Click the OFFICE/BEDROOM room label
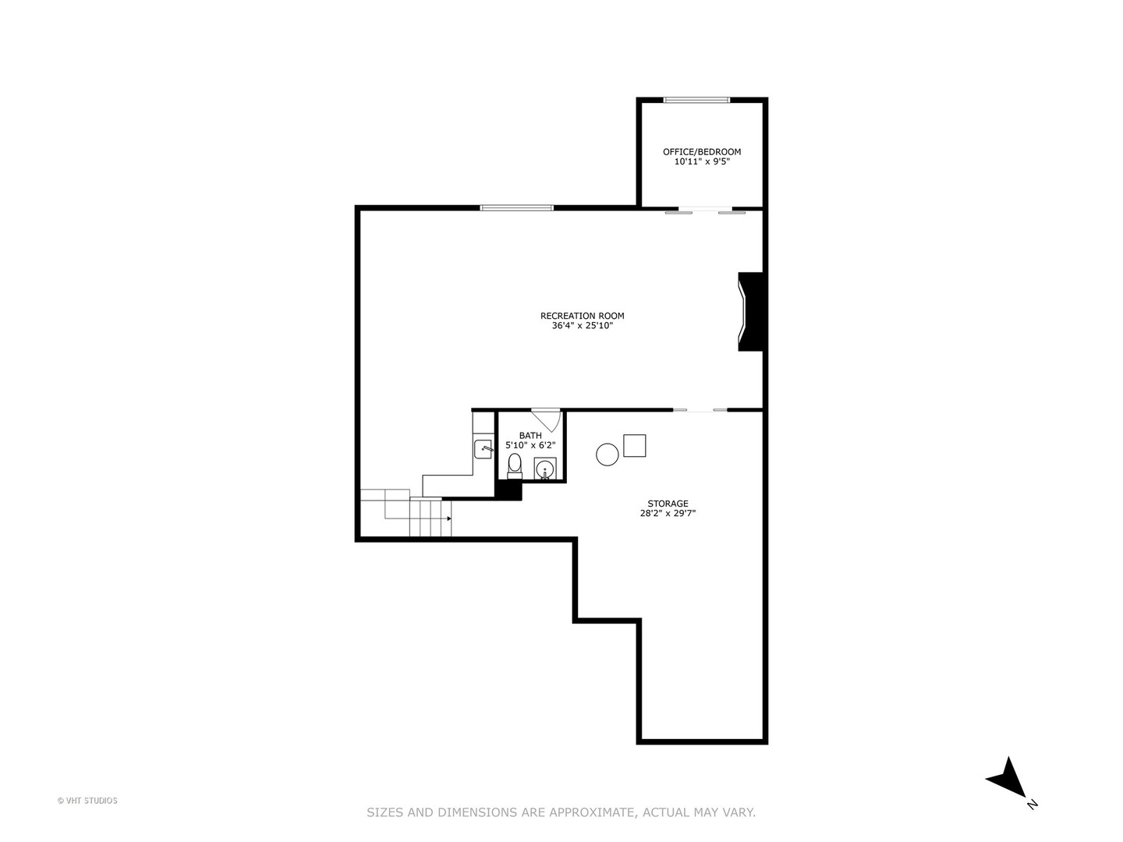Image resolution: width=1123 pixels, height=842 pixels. [x=702, y=152]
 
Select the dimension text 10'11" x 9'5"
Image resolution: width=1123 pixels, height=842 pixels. [x=702, y=162]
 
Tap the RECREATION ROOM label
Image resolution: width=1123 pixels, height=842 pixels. [x=583, y=316]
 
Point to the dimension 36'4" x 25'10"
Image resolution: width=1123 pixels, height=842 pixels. [x=583, y=326]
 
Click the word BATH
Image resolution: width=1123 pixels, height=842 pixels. [x=530, y=436]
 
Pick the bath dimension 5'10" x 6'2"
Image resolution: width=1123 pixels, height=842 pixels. [x=530, y=445]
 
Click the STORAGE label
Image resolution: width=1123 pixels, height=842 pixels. [x=668, y=504]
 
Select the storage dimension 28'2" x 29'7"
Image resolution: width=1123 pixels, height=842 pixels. [x=668, y=514]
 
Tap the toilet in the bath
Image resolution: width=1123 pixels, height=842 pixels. [x=515, y=466]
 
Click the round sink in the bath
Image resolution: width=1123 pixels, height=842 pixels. [x=545, y=469]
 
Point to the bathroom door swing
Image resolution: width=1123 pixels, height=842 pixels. [x=548, y=419]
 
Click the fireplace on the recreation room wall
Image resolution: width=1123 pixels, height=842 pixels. [x=750, y=311]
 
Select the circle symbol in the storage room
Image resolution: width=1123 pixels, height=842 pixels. [x=608, y=455]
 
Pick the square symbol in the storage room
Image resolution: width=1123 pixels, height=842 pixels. [x=635, y=446]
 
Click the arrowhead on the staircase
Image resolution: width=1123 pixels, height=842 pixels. [x=448, y=518]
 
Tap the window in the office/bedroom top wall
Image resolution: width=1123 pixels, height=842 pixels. [x=696, y=100]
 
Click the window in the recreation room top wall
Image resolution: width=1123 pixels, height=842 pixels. [x=517, y=207]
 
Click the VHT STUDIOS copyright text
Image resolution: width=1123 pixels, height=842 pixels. [x=87, y=801]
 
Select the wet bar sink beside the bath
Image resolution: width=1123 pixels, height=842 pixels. [x=484, y=449]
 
